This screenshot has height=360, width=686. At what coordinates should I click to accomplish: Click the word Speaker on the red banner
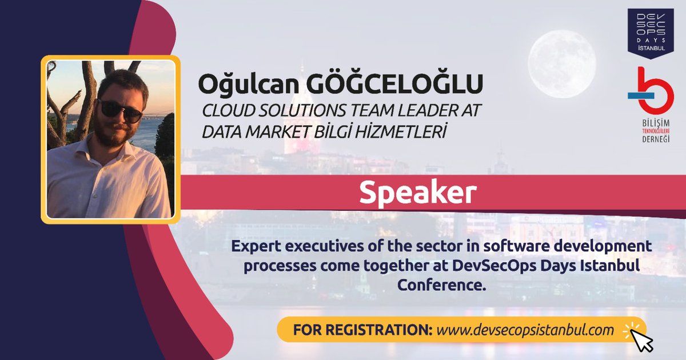pos(418,193)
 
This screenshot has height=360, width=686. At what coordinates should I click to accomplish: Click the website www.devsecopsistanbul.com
pos(524,330)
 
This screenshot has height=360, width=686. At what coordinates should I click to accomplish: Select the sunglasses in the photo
pos(119,110)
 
